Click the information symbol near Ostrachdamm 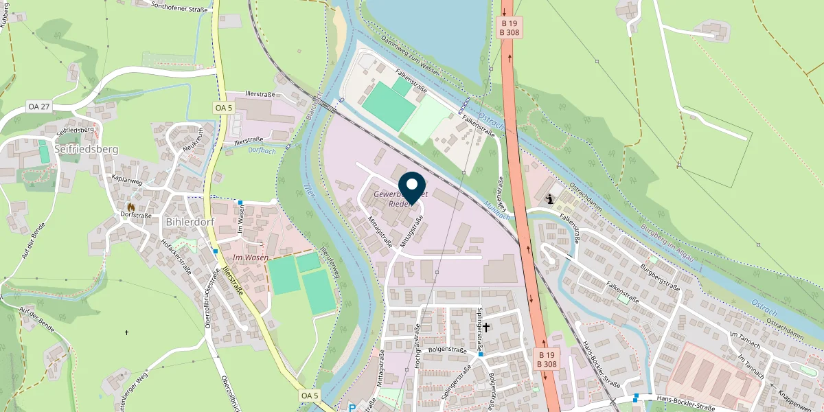550,199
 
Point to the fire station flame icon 130,205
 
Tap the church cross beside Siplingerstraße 486,328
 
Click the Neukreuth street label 193,141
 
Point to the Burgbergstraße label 659,276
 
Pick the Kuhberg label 5,14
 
